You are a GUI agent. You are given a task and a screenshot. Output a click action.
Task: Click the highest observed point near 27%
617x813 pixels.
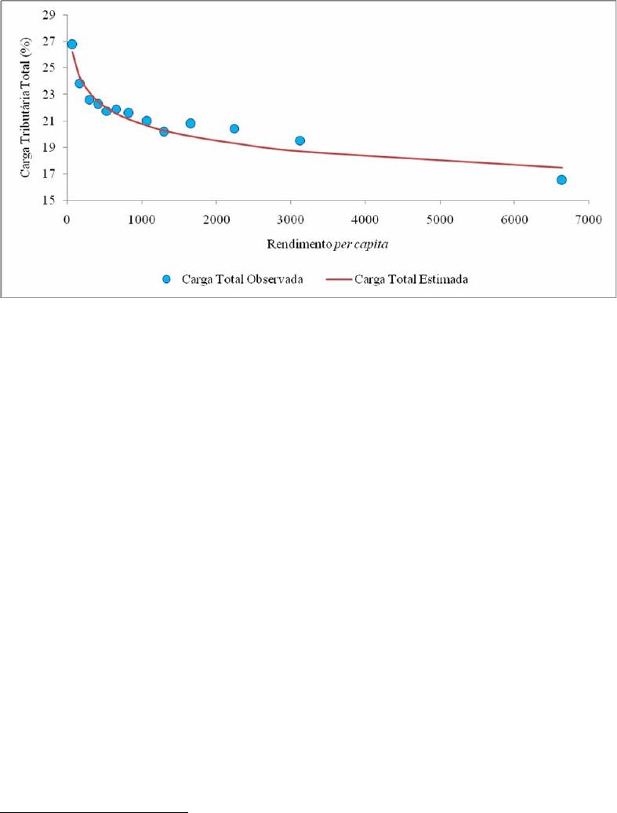(x=72, y=44)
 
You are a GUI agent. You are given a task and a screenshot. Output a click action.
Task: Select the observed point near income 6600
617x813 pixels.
(x=561, y=180)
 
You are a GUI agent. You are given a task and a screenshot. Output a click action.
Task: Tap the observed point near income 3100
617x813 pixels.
(x=299, y=140)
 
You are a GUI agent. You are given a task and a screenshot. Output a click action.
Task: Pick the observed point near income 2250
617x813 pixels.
(x=234, y=129)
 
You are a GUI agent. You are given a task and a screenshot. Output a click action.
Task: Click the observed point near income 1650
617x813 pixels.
(x=191, y=123)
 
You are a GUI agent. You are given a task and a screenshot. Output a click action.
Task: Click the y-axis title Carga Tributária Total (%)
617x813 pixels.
(x=26, y=107)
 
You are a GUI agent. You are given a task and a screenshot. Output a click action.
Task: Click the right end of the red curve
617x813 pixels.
(x=562, y=167)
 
